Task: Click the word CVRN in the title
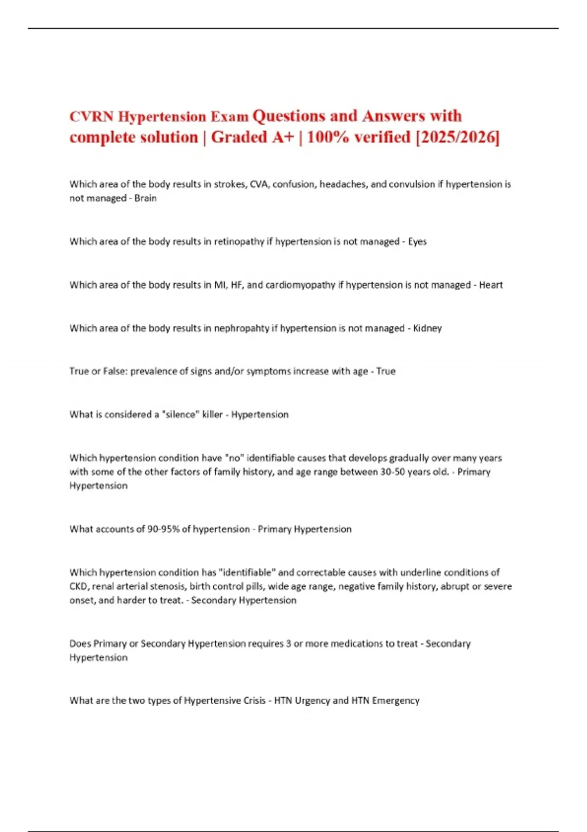pyautogui.click(x=91, y=116)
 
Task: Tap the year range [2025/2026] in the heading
pyautogui.click(x=457, y=137)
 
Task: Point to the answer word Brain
pyautogui.click(x=145, y=198)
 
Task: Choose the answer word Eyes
pyautogui.click(x=417, y=242)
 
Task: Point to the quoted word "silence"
pyautogui.click(x=181, y=415)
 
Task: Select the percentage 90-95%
pyautogui.click(x=163, y=529)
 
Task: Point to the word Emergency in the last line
pyautogui.click(x=395, y=701)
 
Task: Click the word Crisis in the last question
pyautogui.click(x=252, y=701)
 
